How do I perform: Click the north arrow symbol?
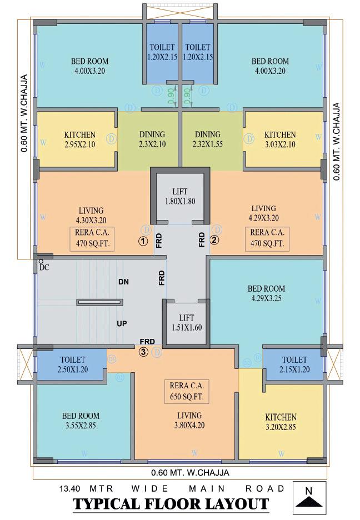(309, 497)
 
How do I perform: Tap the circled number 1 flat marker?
(143, 241)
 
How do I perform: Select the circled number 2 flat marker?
(215, 241)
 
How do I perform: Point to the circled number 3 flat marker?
(143, 351)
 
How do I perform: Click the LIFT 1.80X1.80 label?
(180, 196)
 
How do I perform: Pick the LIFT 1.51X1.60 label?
(187, 322)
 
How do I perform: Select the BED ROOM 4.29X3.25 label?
(266, 293)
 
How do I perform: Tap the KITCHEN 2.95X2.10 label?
(79, 139)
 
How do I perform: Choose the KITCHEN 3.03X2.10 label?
(280, 139)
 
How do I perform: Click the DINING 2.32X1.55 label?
(208, 139)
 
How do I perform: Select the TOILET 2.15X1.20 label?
(294, 364)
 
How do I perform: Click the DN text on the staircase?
(123, 282)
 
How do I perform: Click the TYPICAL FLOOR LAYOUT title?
(171, 504)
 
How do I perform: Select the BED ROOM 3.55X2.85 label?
(81, 421)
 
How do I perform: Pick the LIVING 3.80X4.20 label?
(189, 421)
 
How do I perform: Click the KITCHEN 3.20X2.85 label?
(281, 422)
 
